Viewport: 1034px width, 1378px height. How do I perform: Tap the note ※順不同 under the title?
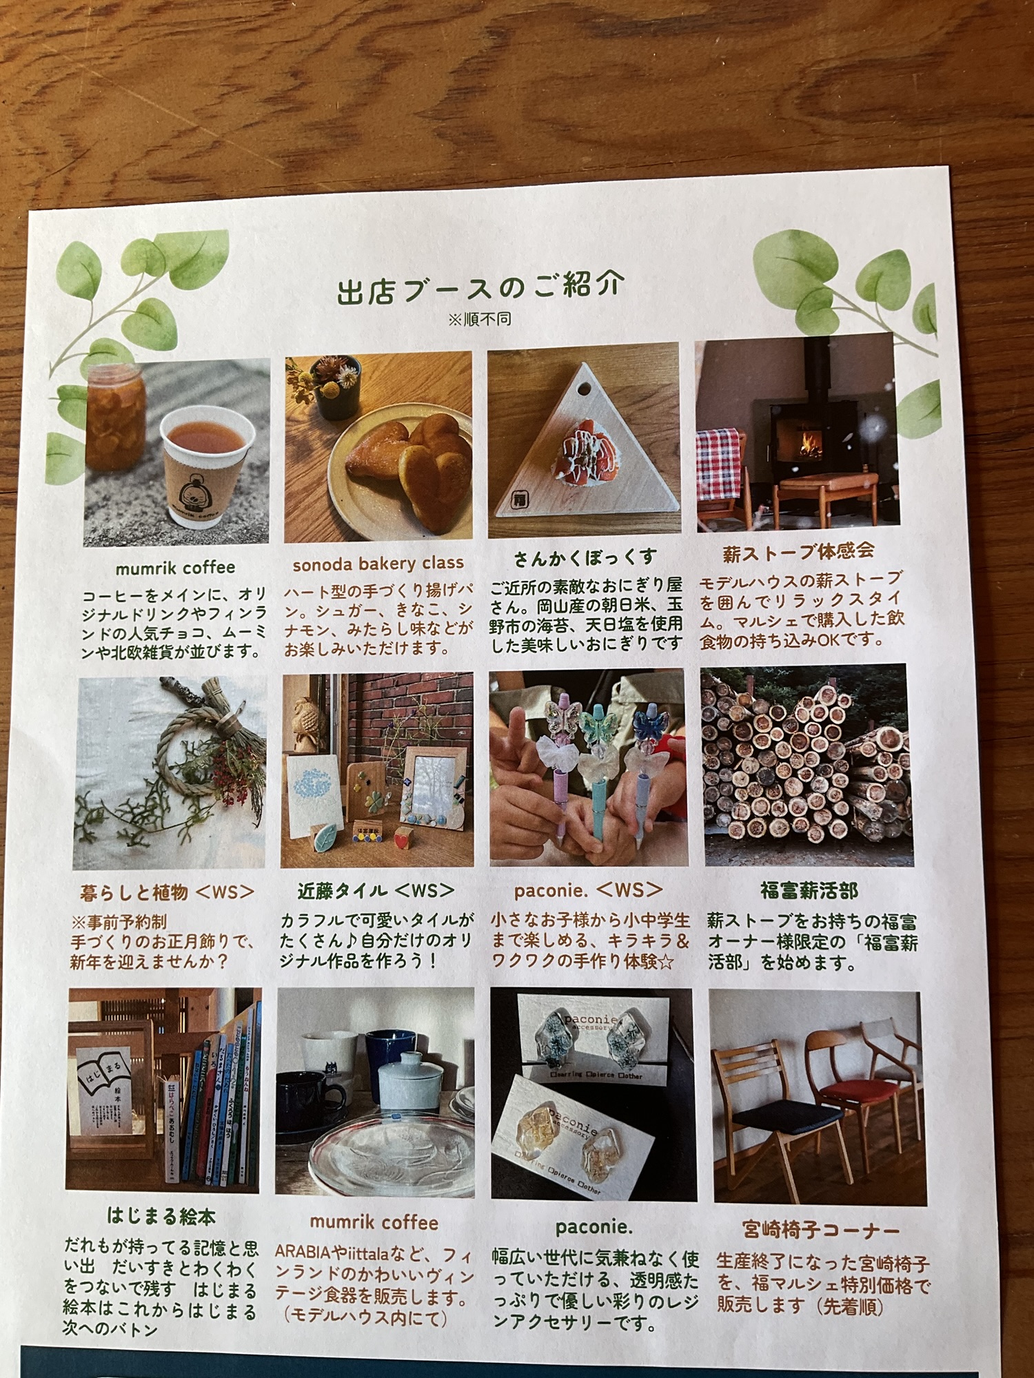480,320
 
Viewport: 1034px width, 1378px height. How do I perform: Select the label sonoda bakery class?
378,564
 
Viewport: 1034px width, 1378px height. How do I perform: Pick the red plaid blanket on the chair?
719,465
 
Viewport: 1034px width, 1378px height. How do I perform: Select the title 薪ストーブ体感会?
798,551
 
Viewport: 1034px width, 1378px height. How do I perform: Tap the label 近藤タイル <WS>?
376,891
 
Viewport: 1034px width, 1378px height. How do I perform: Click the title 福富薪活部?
809,890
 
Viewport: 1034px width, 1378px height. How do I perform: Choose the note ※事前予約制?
119,922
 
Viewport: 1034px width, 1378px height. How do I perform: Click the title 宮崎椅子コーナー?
820,1229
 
